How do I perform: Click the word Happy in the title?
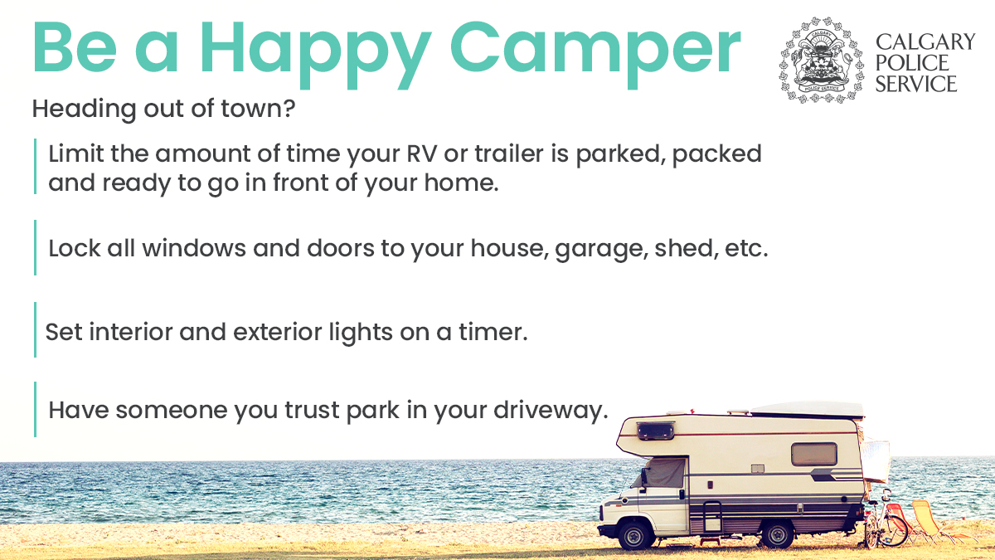click(x=316, y=54)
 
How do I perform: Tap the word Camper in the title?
click(x=595, y=54)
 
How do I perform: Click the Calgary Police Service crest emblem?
click(x=821, y=60)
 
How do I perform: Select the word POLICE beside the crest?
click(x=912, y=63)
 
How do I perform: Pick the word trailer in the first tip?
click(x=509, y=153)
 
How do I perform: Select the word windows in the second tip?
click(x=194, y=248)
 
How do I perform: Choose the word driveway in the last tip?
click(x=551, y=410)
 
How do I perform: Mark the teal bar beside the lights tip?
click(x=35, y=330)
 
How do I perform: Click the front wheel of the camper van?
click(x=635, y=534)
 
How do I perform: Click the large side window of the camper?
click(x=814, y=454)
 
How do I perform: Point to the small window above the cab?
click(x=656, y=431)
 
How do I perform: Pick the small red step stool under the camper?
click(x=710, y=541)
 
